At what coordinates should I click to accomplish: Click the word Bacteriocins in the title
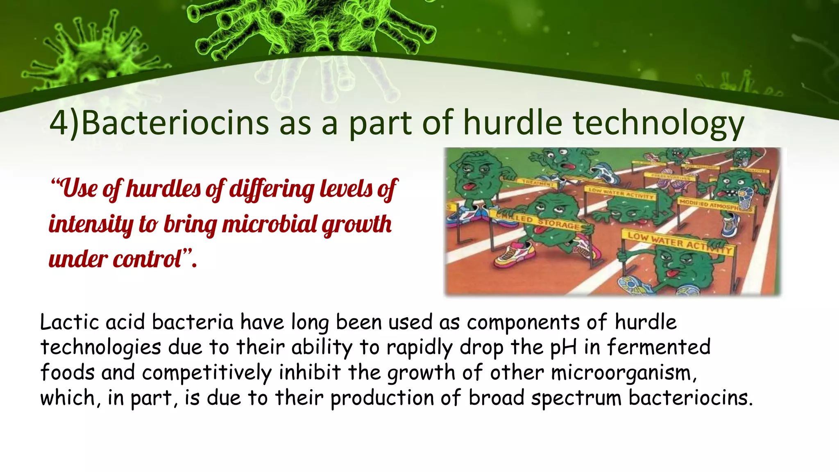(175, 123)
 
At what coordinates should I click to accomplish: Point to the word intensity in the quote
(91, 225)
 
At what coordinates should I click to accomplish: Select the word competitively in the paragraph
(206, 372)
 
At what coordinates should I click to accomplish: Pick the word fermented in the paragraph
(658, 347)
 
